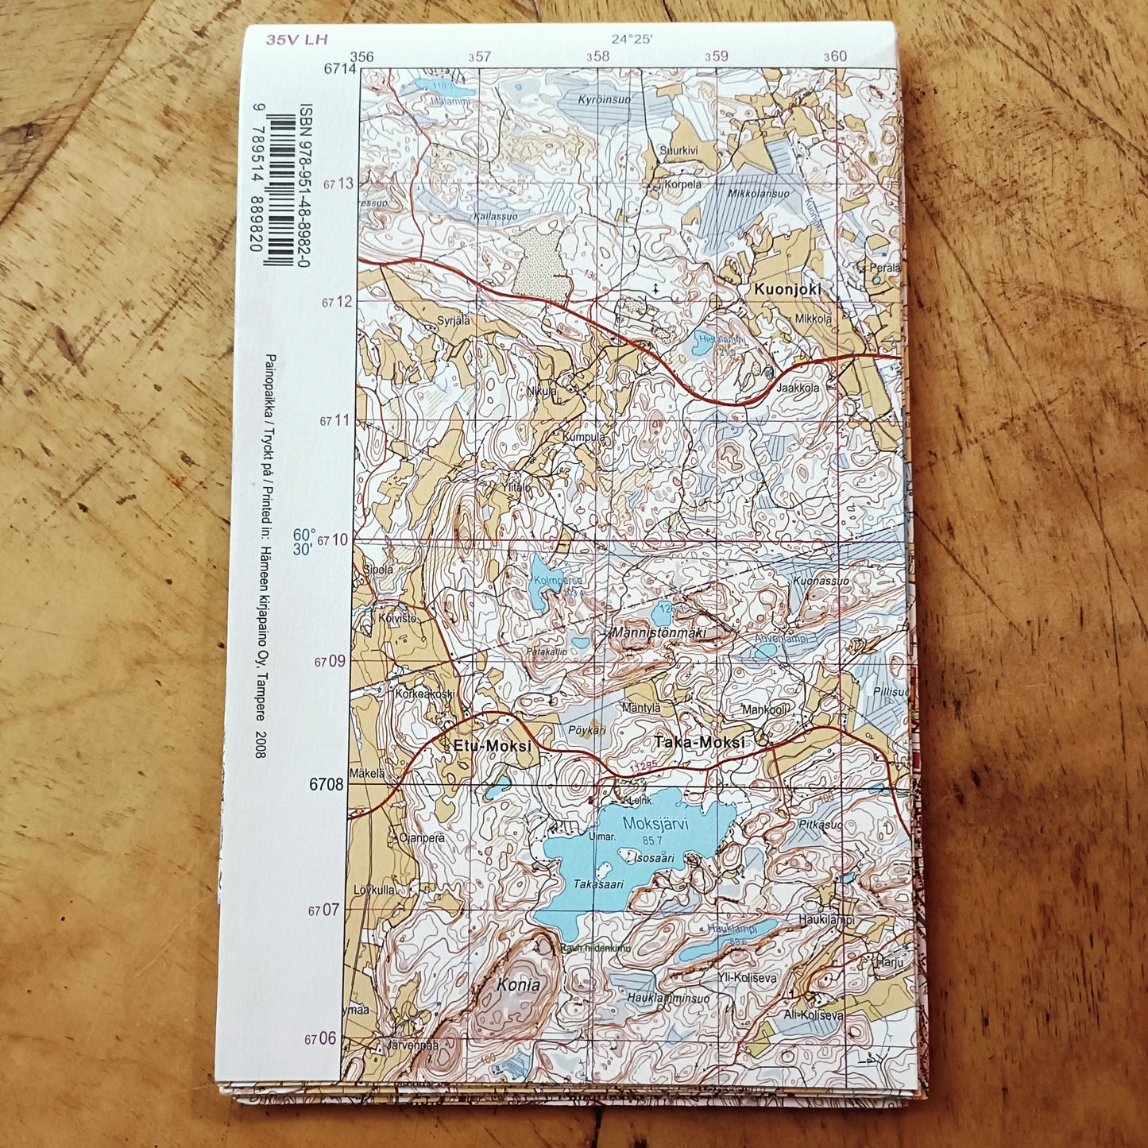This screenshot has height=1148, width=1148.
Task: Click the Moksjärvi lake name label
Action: (655, 823)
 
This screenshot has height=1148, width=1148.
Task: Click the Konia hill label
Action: (518, 985)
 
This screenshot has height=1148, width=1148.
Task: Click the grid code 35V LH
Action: (297, 39)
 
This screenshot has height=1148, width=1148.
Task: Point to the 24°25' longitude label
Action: (632, 38)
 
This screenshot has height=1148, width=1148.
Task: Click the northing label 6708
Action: (327, 784)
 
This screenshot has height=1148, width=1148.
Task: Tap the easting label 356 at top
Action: (361, 56)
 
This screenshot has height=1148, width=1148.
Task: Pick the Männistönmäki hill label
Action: (659, 633)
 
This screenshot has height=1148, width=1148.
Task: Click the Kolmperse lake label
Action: (559, 581)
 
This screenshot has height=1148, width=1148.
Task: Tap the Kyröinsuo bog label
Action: (605, 99)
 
